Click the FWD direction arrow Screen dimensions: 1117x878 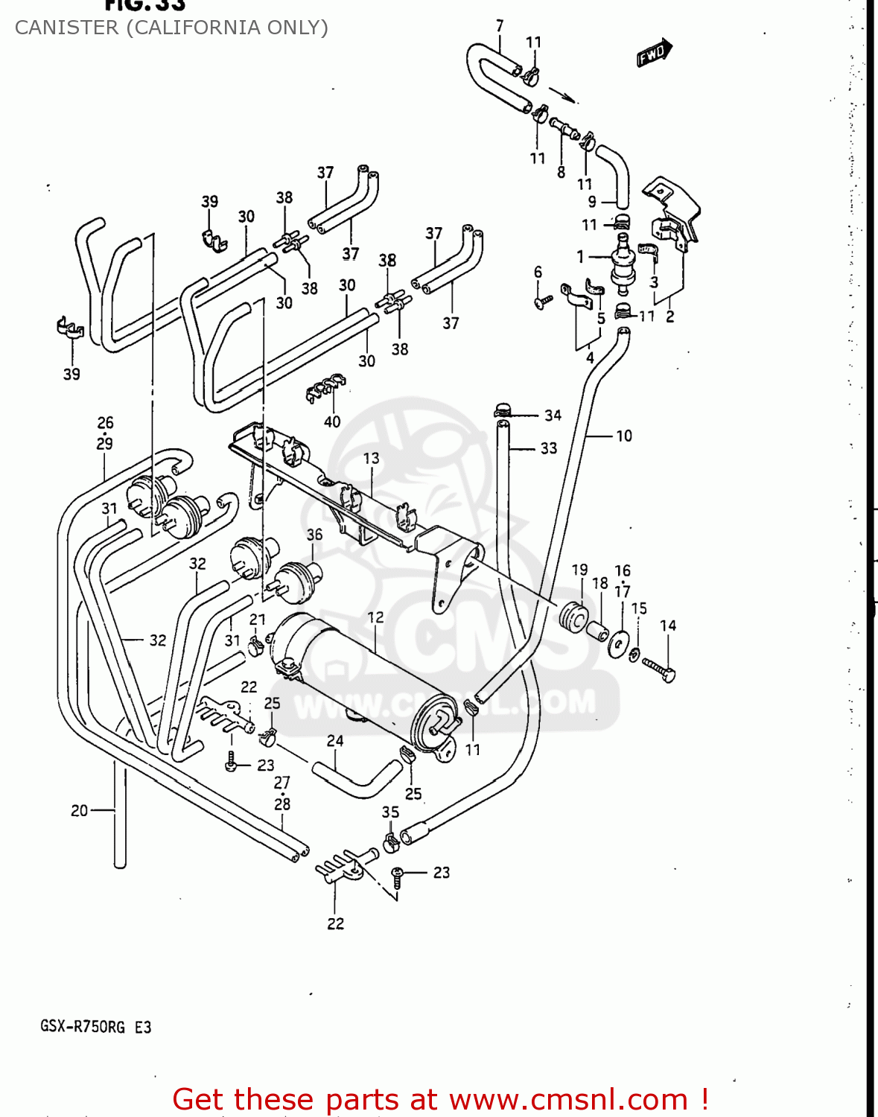tap(654, 54)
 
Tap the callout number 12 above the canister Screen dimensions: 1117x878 tap(375, 617)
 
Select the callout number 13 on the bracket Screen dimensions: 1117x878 tap(371, 458)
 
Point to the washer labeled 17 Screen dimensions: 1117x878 tap(618, 643)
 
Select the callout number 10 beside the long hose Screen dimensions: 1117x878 tap(623, 436)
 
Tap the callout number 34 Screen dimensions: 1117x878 tap(553, 415)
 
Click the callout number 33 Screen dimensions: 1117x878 tap(549, 448)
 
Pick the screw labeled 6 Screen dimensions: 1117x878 tap(543, 302)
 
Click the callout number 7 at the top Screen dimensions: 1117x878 tap(499, 26)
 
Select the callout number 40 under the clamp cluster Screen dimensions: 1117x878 tap(332, 421)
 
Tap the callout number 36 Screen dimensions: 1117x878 tap(314, 535)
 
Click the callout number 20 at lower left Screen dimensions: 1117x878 tap(79, 810)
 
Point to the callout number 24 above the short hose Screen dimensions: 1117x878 tap(335, 740)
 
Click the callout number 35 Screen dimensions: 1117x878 tap(390, 812)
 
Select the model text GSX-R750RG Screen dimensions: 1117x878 tap(83, 1027)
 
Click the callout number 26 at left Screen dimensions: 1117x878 tap(105, 422)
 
